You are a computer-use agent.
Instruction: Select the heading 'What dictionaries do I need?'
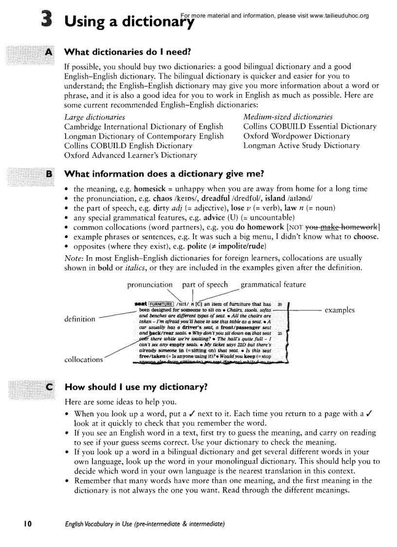(x=128, y=52)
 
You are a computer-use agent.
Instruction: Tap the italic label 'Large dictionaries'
(x=94, y=117)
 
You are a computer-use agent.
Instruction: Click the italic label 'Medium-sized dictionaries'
(x=288, y=117)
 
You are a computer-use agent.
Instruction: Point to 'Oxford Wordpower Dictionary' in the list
(x=296, y=136)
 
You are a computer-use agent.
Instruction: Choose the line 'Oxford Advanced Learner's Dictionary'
(x=131, y=155)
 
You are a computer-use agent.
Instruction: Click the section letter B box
(x=49, y=174)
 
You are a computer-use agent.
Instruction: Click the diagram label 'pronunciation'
(x=150, y=284)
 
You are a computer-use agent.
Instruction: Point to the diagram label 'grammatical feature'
(x=273, y=284)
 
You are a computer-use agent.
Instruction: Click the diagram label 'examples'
(x=340, y=310)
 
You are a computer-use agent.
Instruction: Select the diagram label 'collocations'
(x=84, y=359)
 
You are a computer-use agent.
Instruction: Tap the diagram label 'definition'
(x=80, y=319)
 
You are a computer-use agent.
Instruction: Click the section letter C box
(x=49, y=387)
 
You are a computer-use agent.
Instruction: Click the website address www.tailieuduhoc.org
(x=339, y=16)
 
